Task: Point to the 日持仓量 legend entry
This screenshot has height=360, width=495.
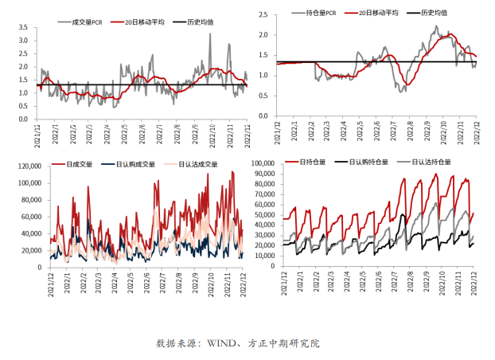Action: [x=314, y=162]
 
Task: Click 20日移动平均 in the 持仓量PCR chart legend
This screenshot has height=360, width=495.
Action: [x=377, y=14]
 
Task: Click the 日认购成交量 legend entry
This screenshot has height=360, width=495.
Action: [x=136, y=164]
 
